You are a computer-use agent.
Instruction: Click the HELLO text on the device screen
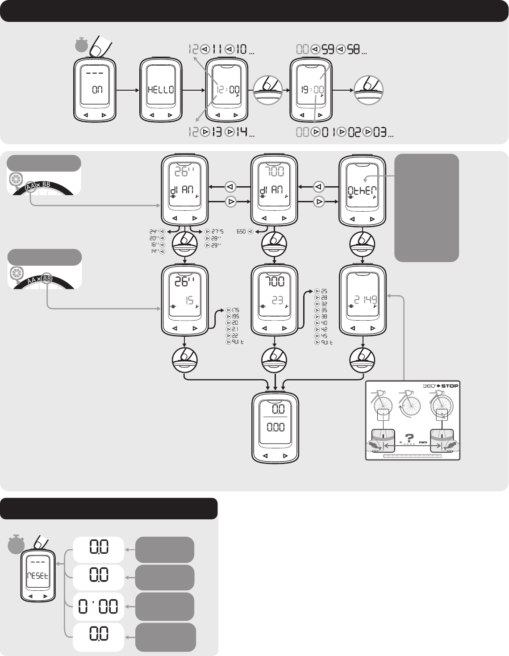click(x=161, y=90)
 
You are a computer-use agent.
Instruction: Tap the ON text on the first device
click(x=97, y=90)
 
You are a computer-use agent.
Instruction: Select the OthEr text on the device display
click(x=362, y=191)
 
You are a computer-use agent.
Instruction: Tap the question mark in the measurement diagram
click(x=408, y=438)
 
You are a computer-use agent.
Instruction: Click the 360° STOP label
click(x=440, y=386)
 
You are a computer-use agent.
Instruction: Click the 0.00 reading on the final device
click(x=275, y=427)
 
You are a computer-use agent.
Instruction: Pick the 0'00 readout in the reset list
click(x=98, y=607)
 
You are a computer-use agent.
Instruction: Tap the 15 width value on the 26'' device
click(x=189, y=301)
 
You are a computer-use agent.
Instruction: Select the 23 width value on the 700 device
click(x=278, y=301)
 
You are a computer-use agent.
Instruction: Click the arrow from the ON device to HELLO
click(x=127, y=90)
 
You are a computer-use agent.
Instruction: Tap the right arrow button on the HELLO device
click(x=170, y=115)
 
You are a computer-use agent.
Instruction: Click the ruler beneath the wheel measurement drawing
click(x=413, y=456)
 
